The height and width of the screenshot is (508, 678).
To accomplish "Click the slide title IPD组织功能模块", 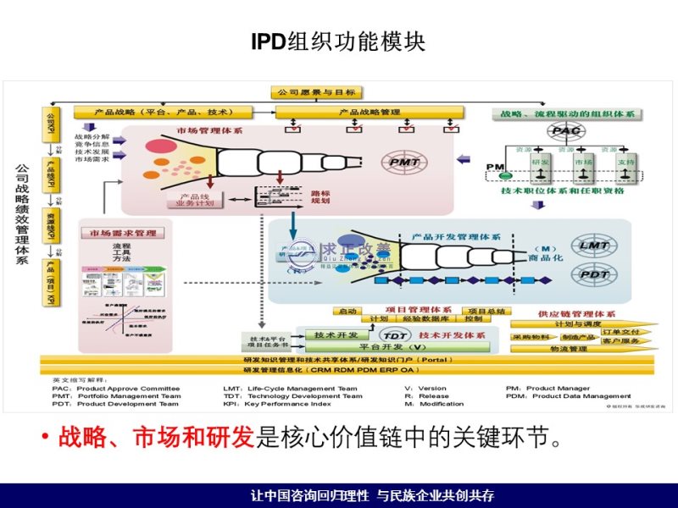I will [338, 42].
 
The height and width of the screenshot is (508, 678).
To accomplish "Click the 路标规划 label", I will [321, 196].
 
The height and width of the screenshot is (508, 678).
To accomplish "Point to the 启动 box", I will [347, 312].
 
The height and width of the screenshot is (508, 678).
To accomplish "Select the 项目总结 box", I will [486, 312].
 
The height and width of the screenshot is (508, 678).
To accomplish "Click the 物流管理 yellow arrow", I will [569, 349].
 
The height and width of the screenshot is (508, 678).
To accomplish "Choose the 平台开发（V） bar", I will [393, 347].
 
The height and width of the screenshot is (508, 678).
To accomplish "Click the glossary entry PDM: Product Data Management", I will [569, 395].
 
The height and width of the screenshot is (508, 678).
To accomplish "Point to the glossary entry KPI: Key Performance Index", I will [282, 404].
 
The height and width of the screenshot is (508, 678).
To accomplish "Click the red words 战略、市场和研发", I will [157, 438].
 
